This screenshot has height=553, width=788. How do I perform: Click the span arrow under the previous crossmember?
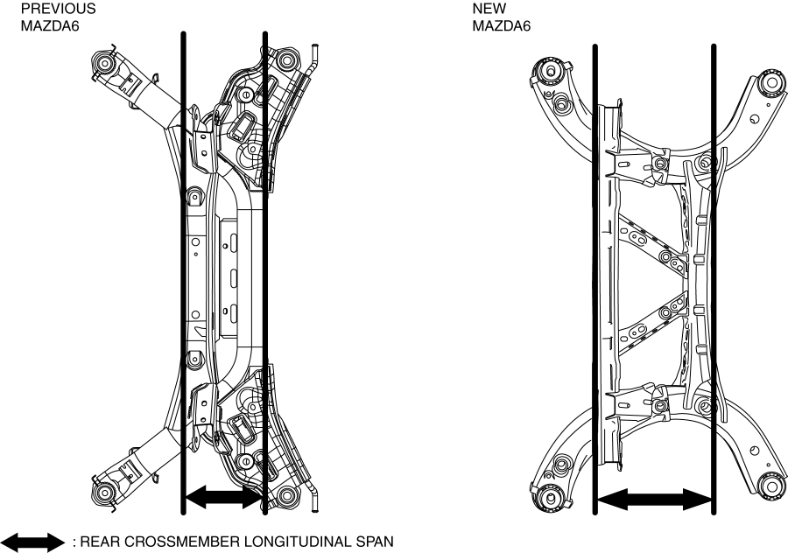coord(223,498)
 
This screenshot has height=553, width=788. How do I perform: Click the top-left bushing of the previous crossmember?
coord(105,64)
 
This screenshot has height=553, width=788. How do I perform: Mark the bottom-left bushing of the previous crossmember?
coord(105,486)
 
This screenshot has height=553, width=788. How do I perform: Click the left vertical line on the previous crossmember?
coord(182,262)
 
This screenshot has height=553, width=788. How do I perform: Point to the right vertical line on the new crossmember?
coord(714,262)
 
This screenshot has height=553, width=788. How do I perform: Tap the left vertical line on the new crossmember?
coord(595,262)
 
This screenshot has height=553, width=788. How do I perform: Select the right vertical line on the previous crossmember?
coord(264,262)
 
